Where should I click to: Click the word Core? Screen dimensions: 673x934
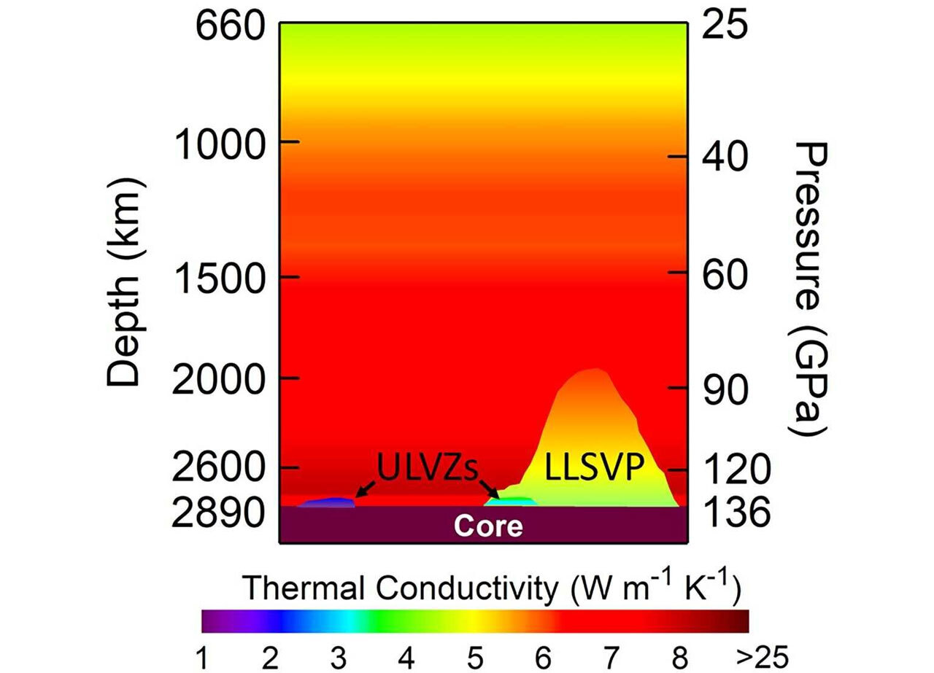(x=488, y=526)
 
